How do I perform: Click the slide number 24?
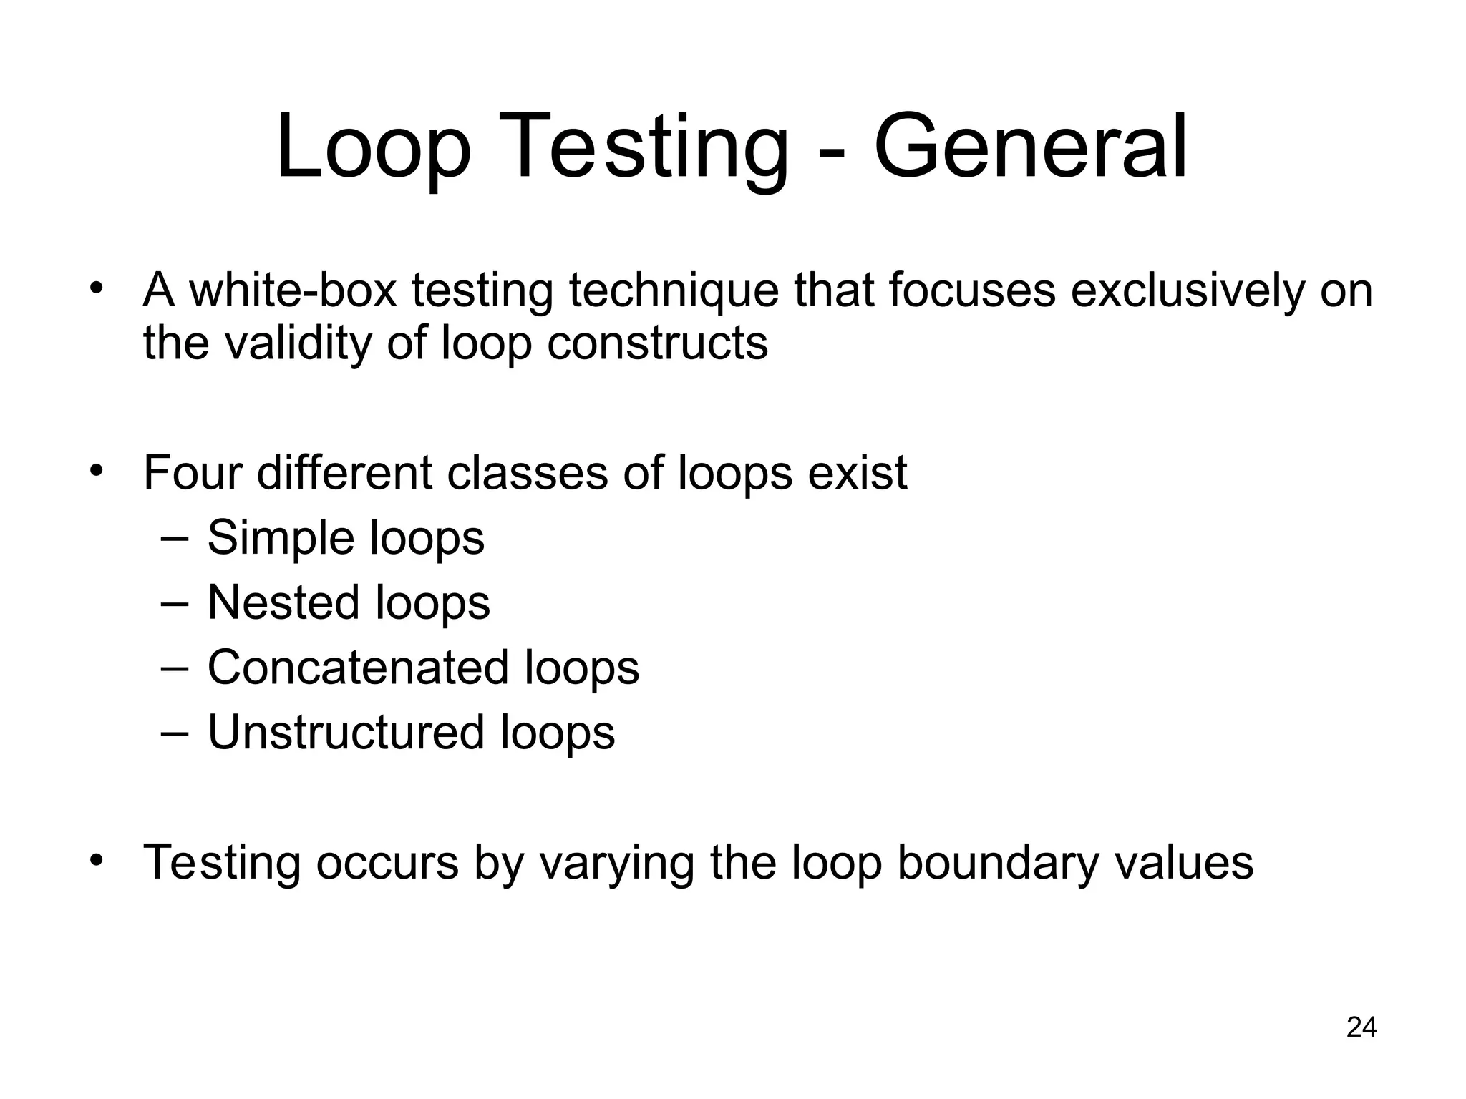click(x=1361, y=1027)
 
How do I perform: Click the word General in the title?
click(x=1031, y=147)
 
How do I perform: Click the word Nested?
click(x=283, y=602)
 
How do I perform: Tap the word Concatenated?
click(x=358, y=668)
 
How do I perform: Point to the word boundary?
click(x=997, y=863)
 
